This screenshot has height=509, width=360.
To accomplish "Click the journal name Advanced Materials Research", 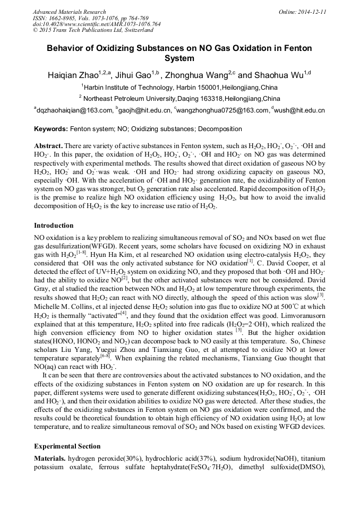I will [x=70, y=12].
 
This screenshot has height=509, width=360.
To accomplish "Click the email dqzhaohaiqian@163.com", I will [x=75, y=110].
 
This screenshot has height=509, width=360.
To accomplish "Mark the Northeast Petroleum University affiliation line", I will [x=181, y=99].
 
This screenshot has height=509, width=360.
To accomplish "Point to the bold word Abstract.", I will [x=48, y=145].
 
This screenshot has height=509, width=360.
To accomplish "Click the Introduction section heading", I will [x=54, y=226].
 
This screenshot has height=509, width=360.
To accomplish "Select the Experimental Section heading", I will [x=67, y=446].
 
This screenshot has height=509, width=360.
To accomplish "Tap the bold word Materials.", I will [x=50, y=458].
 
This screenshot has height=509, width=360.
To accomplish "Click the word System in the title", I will [x=179, y=58].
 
